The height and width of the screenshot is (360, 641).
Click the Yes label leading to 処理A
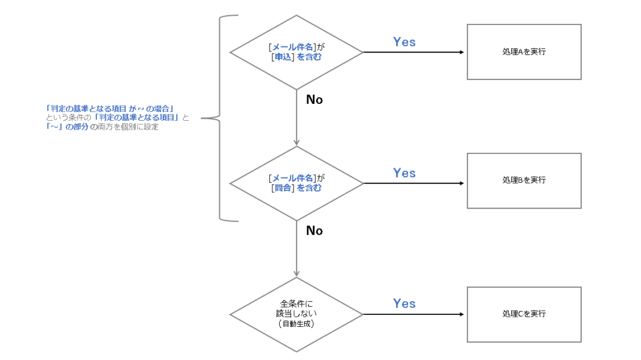pyautogui.click(x=404, y=42)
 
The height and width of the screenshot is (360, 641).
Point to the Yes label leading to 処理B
pyautogui.click(x=404, y=173)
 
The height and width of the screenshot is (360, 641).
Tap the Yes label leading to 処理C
pyautogui.click(x=404, y=303)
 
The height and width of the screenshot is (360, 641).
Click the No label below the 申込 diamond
pyautogui.click(x=314, y=100)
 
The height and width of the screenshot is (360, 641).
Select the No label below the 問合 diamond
pyautogui.click(x=314, y=230)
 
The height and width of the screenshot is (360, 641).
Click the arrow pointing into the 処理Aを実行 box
pyautogui.click(x=414, y=53)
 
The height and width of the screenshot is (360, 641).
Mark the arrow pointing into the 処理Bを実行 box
pyautogui.click(x=414, y=183)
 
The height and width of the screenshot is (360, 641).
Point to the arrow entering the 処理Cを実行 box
pyautogui.click(x=414, y=314)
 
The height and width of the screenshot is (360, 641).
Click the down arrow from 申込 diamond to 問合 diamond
pyautogui.click(x=296, y=118)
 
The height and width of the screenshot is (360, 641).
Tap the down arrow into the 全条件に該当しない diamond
pyautogui.click(x=296, y=249)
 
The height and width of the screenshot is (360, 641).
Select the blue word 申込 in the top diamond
pyautogui.click(x=283, y=57)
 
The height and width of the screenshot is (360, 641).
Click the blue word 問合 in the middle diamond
pyautogui.click(x=283, y=188)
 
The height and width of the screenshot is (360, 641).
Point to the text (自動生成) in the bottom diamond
pyautogui.click(x=296, y=324)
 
